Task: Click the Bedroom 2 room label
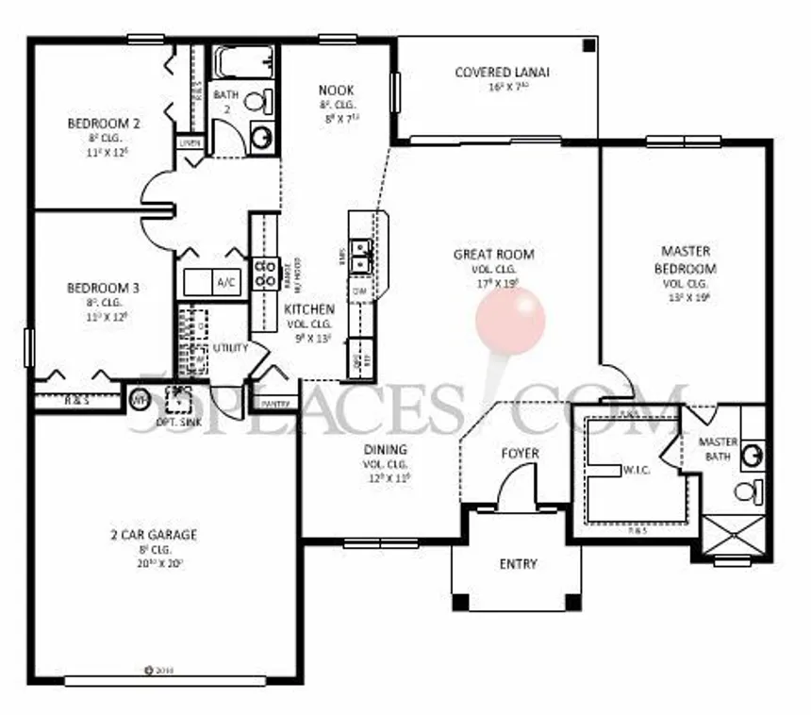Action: (104, 123)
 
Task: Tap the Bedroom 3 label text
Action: (104, 288)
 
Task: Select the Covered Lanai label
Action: (502, 72)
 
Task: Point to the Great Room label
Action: (493, 254)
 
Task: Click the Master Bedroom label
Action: (686, 259)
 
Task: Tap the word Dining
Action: (384, 450)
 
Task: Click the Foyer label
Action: (520, 454)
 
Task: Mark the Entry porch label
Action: (518, 564)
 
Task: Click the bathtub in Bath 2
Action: (242, 63)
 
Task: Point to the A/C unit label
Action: (226, 282)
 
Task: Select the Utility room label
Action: (230, 348)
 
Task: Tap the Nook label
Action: (336, 91)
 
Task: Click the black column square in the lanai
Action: (589, 45)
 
